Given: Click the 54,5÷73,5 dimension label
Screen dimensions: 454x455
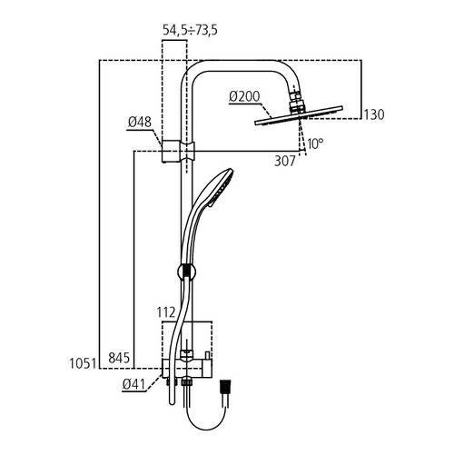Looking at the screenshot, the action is click(190, 30).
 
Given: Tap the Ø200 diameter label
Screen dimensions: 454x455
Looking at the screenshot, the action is click(244, 96).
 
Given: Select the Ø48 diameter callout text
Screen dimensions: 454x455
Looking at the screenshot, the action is click(139, 123).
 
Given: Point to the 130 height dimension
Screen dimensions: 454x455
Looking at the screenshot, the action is click(374, 114).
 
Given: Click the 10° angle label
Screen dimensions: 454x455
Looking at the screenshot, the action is click(315, 143).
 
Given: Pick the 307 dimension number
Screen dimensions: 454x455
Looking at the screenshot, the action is click(284, 161).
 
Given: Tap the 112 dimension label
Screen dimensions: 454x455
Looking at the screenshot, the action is click(166, 312).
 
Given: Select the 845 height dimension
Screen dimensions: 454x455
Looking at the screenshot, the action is click(119, 358).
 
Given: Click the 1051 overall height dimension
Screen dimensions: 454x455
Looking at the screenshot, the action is click(83, 363).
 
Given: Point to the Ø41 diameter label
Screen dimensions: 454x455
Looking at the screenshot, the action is click(133, 384).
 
